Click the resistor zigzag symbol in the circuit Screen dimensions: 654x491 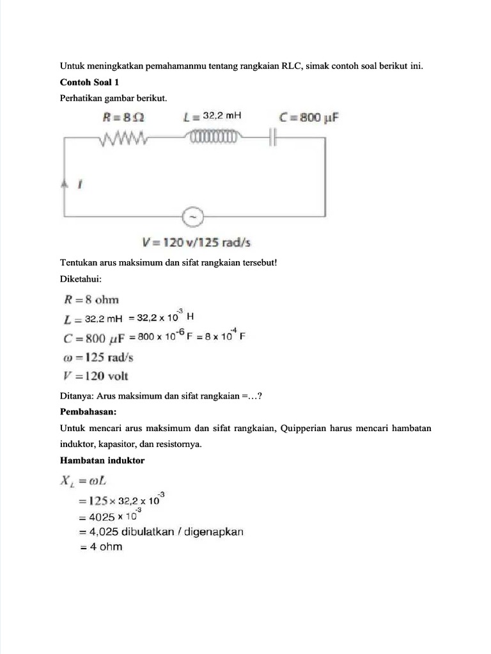coord(123,137)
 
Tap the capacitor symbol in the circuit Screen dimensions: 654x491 coord(272,137)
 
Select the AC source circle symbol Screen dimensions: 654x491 coord(192,218)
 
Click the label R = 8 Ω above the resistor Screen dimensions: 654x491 coord(124,117)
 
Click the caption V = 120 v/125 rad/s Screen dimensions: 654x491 coord(196,243)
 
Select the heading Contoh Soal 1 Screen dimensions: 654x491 coord(90,82)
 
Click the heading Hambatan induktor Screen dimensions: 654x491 coord(102,460)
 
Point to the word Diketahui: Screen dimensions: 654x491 coord(81,278)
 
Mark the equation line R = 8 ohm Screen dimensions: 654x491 coord(90,300)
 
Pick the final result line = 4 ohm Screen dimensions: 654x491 coord(101,547)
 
